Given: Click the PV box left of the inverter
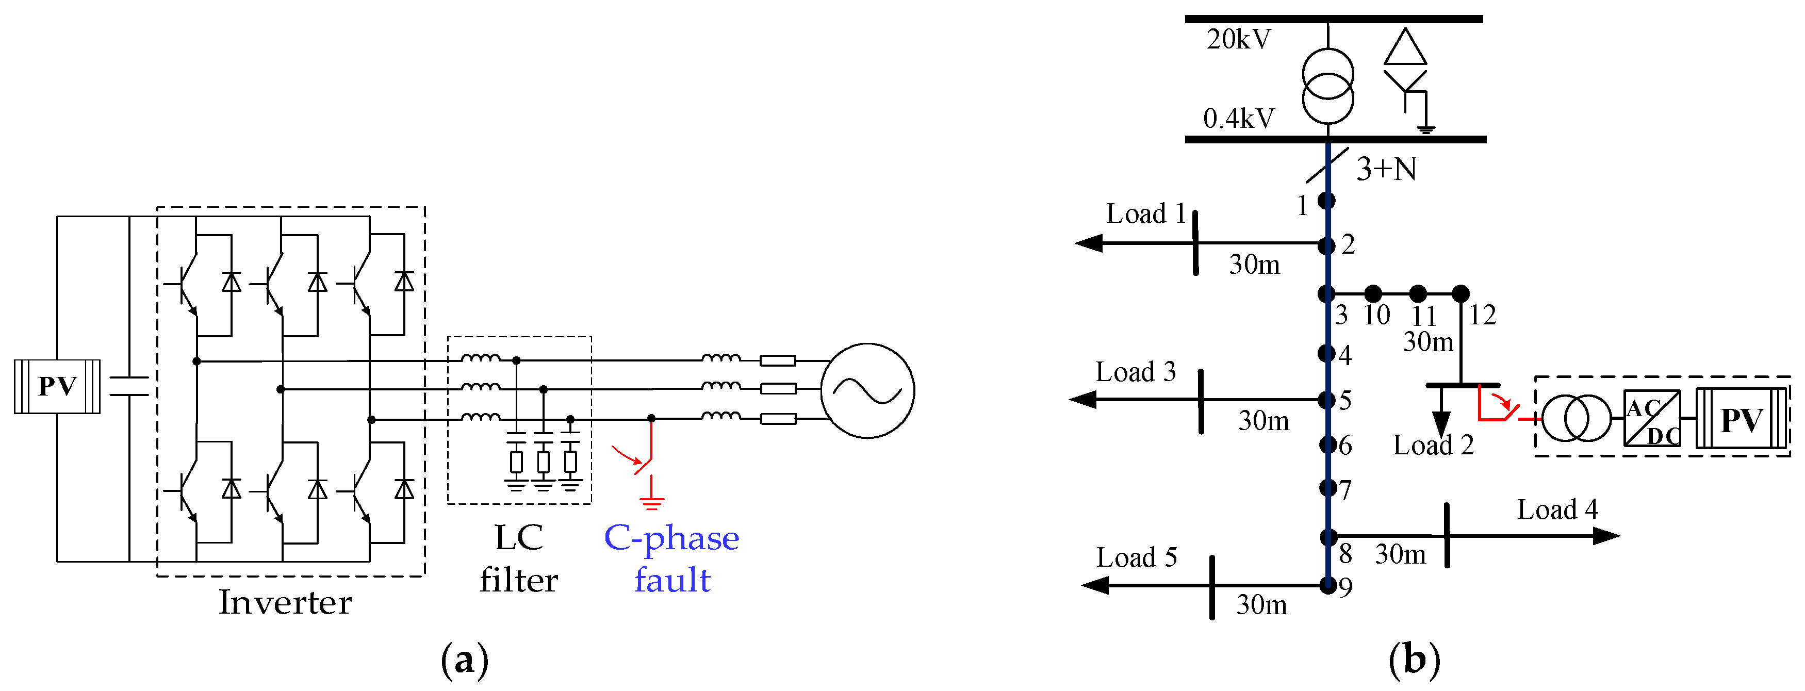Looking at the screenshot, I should click(57, 386).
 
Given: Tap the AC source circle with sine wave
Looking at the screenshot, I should click(867, 390).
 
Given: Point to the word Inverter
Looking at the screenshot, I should click(285, 602).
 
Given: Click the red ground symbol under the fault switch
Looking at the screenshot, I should click(652, 499).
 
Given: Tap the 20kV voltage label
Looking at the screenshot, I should click(1238, 39).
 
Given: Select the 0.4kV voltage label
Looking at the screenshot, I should click(1238, 119).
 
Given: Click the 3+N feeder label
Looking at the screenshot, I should click(1387, 170).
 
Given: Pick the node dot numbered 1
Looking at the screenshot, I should click(1326, 201).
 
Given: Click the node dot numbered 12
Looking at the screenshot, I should click(1461, 293).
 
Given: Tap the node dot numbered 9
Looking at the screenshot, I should click(1327, 585).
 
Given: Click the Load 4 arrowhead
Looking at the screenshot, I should click(1606, 536).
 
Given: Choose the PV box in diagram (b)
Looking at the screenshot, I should click(1741, 419).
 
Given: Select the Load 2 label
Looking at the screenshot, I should click(1433, 445).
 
